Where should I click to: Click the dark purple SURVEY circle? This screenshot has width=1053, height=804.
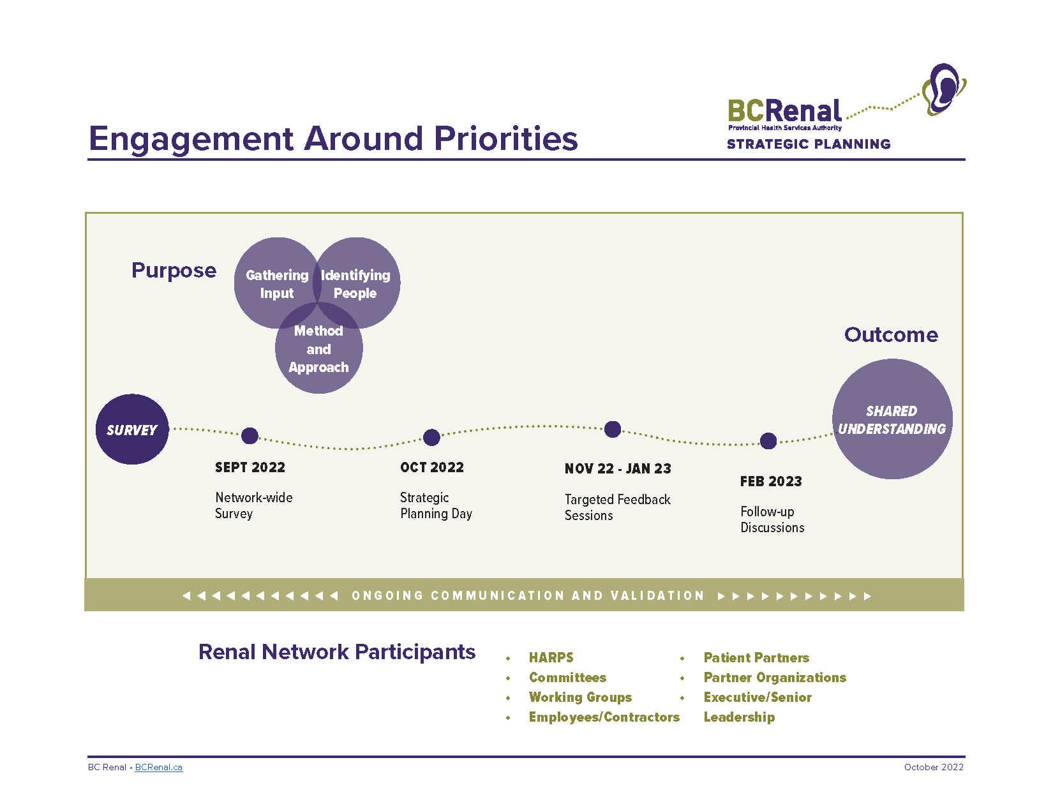[132, 429]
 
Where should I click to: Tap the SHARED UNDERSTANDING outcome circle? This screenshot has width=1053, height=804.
[892, 419]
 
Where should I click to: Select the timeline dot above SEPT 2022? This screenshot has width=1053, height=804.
[250, 436]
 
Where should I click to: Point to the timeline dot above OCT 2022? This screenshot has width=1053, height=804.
[431, 437]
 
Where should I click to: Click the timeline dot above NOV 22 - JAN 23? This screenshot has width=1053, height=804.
[613, 429]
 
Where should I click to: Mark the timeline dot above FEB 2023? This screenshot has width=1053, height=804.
[768, 441]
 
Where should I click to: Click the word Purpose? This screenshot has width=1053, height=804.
[174, 271]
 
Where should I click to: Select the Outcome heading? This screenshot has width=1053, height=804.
[891, 335]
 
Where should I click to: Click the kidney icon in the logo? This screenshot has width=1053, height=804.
[944, 89]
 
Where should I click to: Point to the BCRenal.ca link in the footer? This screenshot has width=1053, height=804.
[158, 767]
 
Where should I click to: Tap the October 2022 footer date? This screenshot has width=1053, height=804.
[934, 767]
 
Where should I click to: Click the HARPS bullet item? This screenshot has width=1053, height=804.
[551, 658]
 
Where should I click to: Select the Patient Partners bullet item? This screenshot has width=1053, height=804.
[756, 658]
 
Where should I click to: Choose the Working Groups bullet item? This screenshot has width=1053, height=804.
[580, 697]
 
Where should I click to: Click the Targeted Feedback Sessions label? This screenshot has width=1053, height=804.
[617, 507]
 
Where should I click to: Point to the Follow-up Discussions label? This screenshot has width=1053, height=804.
[772, 519]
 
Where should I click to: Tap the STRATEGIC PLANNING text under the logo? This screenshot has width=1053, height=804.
[809, 144]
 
